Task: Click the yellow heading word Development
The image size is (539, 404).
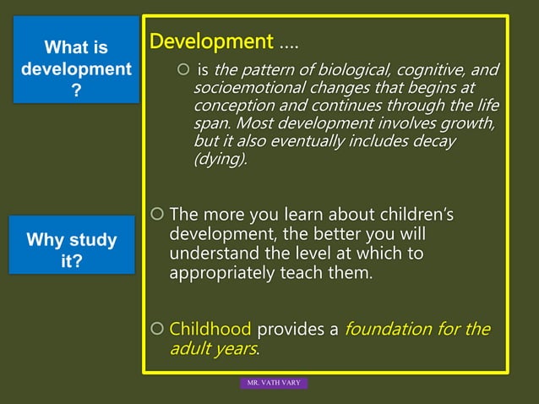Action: (x=210, y=41)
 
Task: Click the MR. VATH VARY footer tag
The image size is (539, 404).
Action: (x=275, y=384)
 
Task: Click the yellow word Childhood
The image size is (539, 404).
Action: (x=210, y=329)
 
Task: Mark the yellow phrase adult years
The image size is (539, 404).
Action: (x=214, y=348)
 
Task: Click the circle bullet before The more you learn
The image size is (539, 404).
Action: (x=156, y=215)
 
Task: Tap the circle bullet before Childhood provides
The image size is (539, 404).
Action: (x=156, y=329)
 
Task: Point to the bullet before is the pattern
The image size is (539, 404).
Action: (x=182, y=70)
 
